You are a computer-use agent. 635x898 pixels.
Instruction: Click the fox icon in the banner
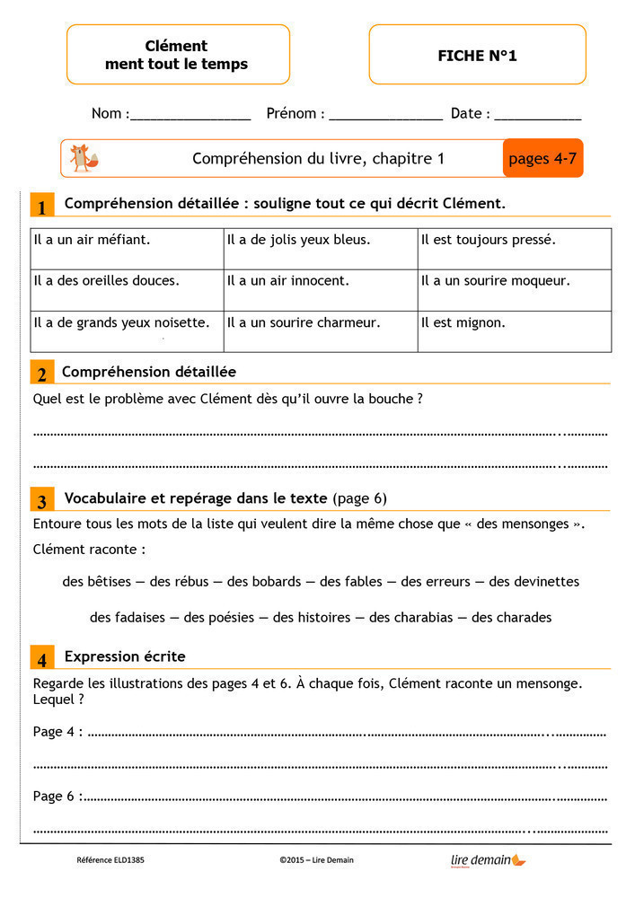click(84, 159)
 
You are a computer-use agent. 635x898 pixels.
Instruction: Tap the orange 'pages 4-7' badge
click(542, 159)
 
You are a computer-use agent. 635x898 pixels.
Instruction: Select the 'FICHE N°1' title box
click(477, 56)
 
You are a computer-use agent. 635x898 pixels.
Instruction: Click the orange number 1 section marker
click(41, 206)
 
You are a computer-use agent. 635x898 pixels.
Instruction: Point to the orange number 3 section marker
click(41, 500)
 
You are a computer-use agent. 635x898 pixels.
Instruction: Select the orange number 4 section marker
click(41, 658)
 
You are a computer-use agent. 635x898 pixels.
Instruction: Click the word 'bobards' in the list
click(264, 582)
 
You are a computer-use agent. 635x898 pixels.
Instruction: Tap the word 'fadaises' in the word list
click(140, 618)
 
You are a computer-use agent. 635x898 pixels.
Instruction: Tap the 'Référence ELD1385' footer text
click(110, 860)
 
